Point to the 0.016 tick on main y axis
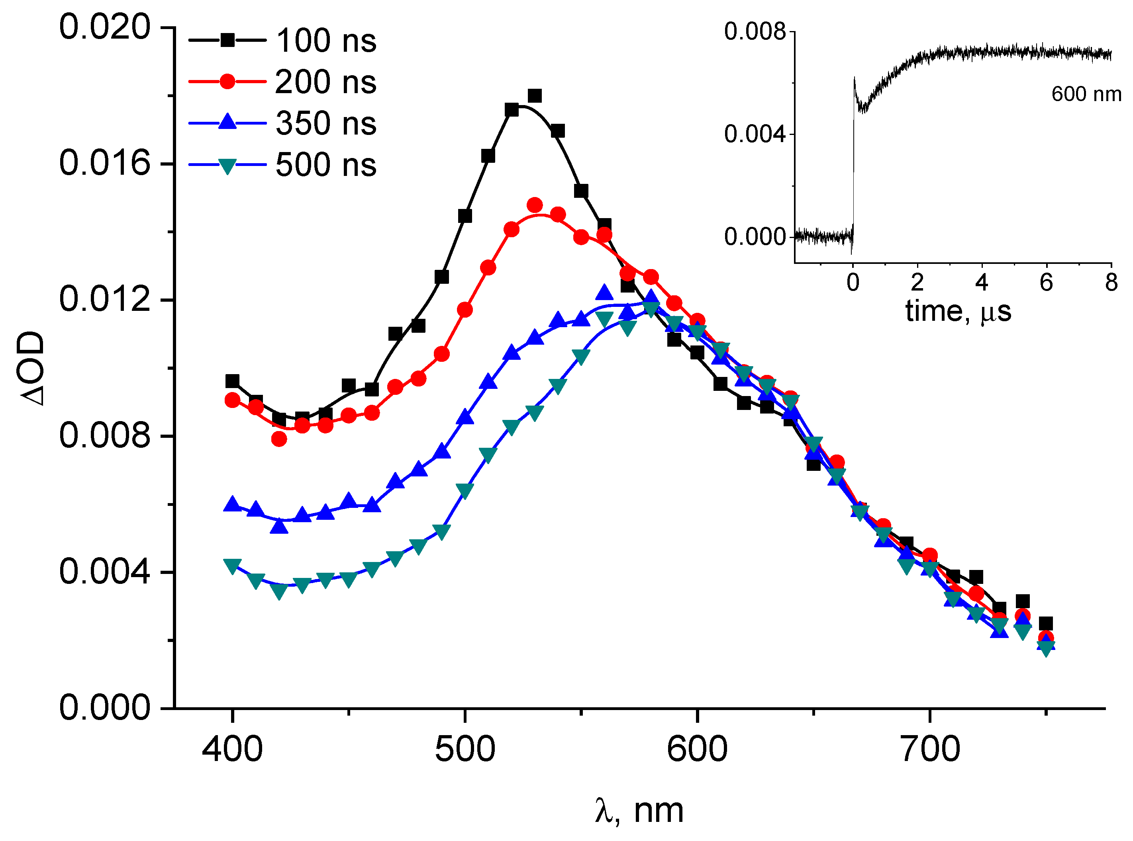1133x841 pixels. point(105,164)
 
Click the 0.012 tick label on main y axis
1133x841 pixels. point(105,299)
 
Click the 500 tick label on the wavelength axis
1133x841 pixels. point(465,750)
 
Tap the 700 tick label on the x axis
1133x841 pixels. point(930,750)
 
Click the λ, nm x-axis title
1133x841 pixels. point(639,810)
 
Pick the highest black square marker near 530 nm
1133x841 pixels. point(534,96)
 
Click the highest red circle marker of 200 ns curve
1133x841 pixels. point(534,205)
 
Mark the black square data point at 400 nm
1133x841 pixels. point(232,381)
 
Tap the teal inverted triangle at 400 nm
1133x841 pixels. point(232,566)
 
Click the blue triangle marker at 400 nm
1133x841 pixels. point(232,504)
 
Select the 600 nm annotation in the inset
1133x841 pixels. point(1086,94)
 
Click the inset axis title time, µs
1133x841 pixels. point(958,311)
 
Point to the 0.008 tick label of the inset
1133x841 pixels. point(755,32)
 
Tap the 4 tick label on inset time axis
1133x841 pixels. point(981,283)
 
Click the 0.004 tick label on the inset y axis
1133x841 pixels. point(755,135)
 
